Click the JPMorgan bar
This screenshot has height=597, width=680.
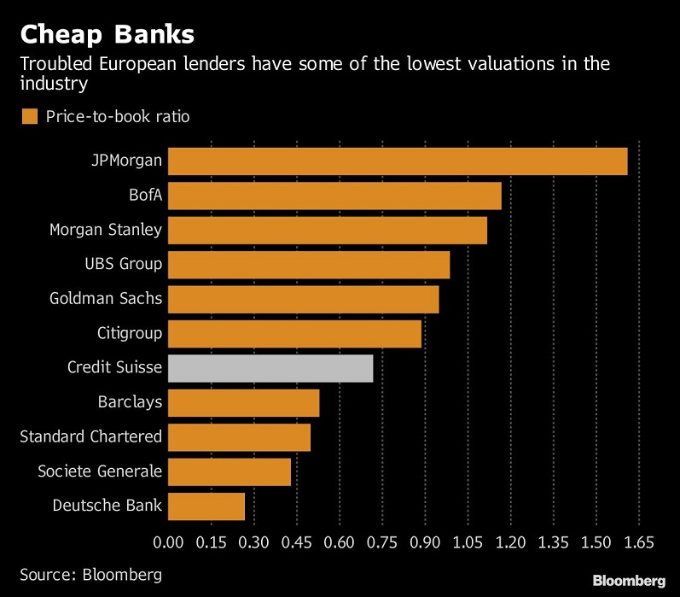pyautogui.click(x=398, y=161)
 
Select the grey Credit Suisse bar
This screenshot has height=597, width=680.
pyautogui.click(x=270, y=367)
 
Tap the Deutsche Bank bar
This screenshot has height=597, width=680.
pyautogui.click(x=206, y=506)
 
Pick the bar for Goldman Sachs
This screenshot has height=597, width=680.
pyautogui.click(x=303, y=299)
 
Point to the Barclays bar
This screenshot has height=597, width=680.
pyautogui.click(x=243, y=402)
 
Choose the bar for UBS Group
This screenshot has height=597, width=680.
pyautogui.click(x=309, y=264)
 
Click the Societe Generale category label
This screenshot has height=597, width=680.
pyautogui.click(x=100, y=471)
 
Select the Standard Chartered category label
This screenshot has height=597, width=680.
pyautogui.click(x=90, y=436)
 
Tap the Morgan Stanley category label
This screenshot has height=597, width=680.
pyautogui.click(x=106, y=230)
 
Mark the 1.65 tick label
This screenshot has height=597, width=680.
pyautogui.click(x=639, y=541)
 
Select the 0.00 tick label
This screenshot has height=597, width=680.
pyautogui.click(x=168, y=541)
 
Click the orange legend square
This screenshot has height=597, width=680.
pyautogui.click(x=30, y=116)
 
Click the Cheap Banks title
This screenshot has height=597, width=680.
pyautogui.click(x=108, y=34)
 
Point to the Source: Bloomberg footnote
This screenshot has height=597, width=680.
pyautogui.click(x=90, y=574)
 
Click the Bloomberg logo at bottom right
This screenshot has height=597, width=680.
pyautogui.click(x=630, y=580)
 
